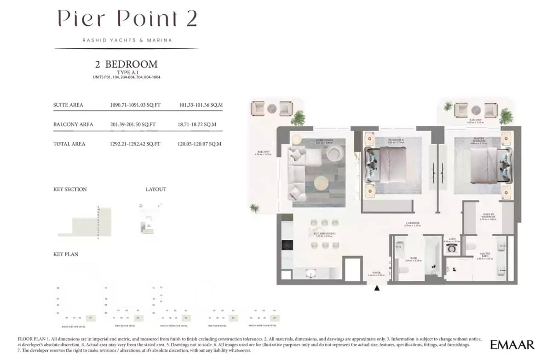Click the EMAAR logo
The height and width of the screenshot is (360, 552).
point(512,345)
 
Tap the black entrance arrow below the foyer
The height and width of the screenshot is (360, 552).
point(377,288)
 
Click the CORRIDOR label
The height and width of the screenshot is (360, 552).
point(412,224)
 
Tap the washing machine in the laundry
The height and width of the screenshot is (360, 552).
point(451,248)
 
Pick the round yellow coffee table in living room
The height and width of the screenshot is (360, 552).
point(321,185)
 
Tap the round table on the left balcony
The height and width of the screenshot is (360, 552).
point(272,109)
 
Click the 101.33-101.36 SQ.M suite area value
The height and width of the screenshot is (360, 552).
point(201,105)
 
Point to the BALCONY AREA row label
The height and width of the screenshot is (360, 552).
point(73,124)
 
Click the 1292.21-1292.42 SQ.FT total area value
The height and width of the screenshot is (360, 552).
point(135,144)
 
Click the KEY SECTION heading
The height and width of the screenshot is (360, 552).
point(70,189)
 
